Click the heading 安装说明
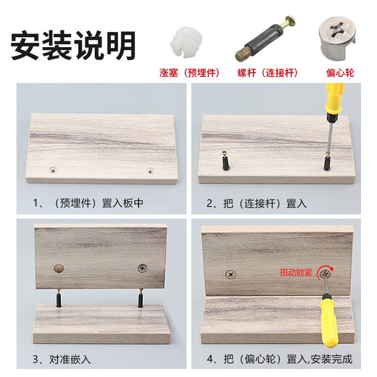(73, 44)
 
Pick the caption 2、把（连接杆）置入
(256, 204)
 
